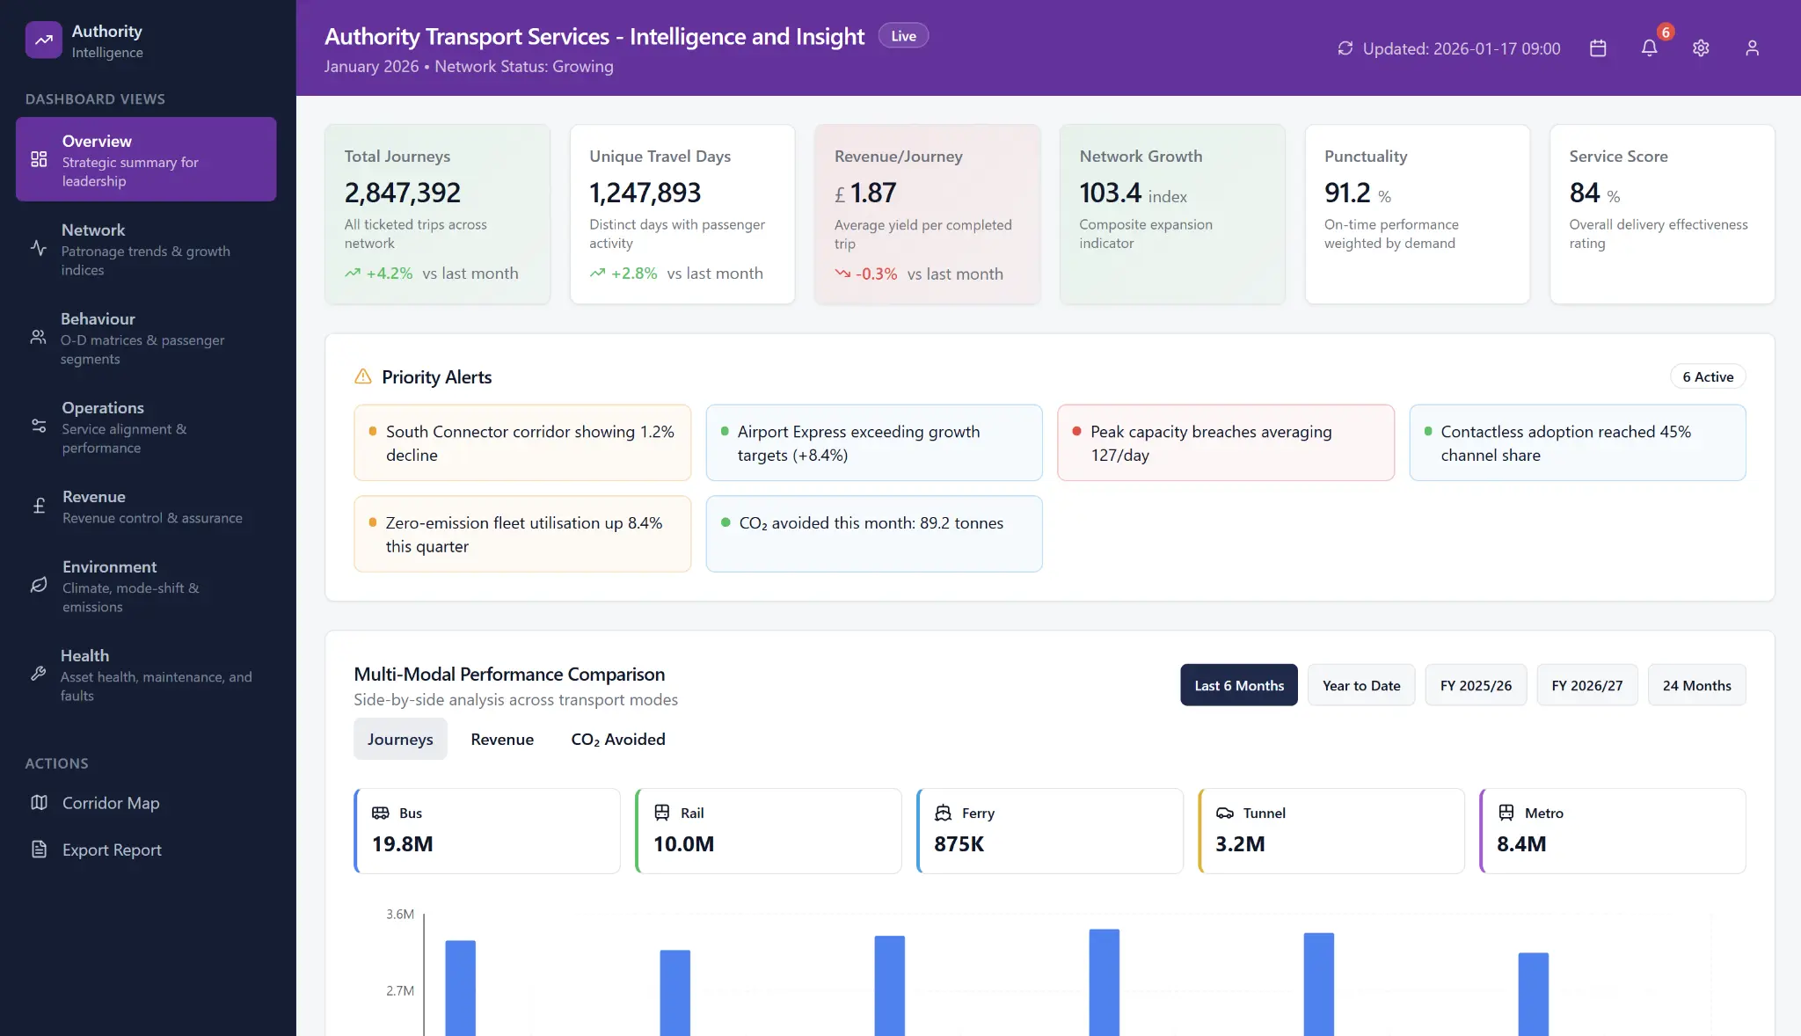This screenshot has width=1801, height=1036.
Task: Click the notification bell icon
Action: tap(1649, 48)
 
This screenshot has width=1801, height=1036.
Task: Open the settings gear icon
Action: tap(1701, 48)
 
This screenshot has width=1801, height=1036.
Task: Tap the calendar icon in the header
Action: tap(1598, 48)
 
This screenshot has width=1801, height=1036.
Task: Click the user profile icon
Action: tap(1752, 48)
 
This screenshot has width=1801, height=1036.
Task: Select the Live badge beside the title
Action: tap(903, 36)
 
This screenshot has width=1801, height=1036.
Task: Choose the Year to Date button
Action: tap(1360, 685)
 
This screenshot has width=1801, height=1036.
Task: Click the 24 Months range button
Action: tap(1696, 685)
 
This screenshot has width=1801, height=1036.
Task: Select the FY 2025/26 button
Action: tap(1476, 685)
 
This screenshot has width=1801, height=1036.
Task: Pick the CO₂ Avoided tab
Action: tap(617, 740)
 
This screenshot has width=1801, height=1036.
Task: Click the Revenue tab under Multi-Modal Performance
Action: tap(502, 740)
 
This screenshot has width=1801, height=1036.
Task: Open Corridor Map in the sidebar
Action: tap(111, 803)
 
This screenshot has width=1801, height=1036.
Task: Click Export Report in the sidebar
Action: tap(112, 850)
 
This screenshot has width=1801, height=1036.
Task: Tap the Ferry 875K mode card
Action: tap(1049, 830)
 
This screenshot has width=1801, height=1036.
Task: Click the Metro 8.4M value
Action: tap(1521, 844)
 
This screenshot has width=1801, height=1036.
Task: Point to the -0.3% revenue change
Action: tap(876, 274)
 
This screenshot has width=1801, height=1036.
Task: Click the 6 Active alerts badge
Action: tap(1708, 377)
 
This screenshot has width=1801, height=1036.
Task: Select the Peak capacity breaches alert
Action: tap(1225, 443)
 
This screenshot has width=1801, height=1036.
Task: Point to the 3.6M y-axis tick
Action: tap(400, 915)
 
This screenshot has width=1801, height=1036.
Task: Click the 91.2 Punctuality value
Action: tap(1347, 193)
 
